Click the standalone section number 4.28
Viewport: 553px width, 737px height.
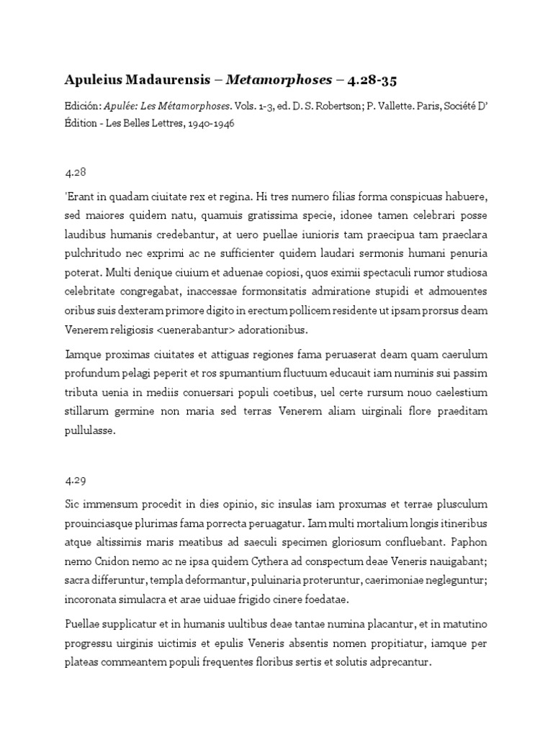pyautogui.click(x=75, y=173)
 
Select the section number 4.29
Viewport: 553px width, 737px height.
pyautogui.click(x=75, y=480)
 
